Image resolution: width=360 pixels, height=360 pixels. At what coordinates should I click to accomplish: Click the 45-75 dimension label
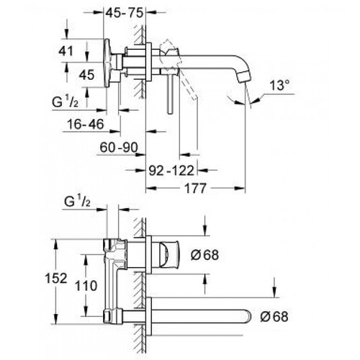point(125,13)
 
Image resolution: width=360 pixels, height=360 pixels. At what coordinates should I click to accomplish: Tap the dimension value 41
point(66,51)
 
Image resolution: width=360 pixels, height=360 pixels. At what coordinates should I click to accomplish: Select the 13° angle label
point(279,85)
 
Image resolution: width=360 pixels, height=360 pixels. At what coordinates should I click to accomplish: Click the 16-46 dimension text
point(86,124)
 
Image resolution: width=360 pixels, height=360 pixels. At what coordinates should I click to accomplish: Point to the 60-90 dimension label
point(119,147)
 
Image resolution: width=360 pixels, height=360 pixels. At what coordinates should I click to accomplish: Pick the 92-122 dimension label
point(171,171)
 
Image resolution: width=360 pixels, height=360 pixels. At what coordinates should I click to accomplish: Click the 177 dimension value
point(195,189)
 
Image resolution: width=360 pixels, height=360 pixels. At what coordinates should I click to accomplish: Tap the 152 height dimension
point(56,279)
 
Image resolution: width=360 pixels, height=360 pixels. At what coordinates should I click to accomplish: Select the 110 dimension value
point(86,286)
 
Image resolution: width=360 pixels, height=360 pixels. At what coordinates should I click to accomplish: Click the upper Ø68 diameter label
point(204,255)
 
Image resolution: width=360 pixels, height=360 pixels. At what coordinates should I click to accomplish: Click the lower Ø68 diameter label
point(274,317)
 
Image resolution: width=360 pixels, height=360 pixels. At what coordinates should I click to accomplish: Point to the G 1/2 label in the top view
point(65,102)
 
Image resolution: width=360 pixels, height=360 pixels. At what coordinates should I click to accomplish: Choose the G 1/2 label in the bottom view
point(77,202)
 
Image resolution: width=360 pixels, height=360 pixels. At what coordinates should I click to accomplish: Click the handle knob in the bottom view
point(168,255)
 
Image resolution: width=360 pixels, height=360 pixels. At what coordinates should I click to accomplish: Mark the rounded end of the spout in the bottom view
point(248,317)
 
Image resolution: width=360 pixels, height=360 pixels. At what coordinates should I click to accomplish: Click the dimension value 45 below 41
point(86,75)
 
